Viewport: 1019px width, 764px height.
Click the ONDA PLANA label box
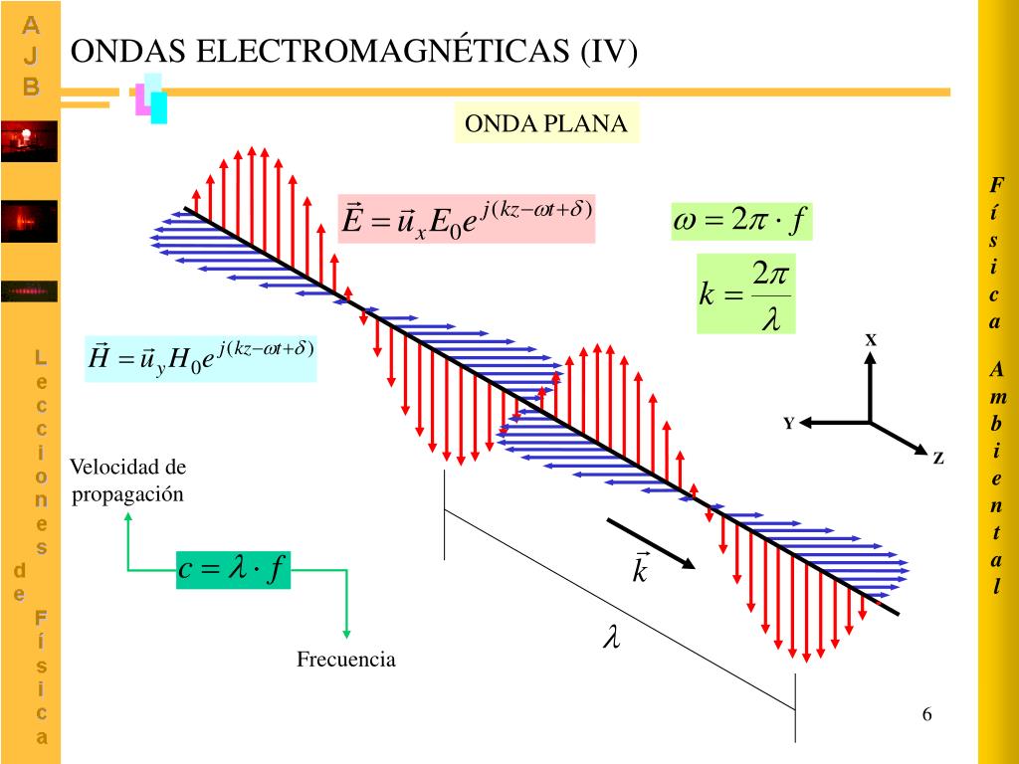pyautogui.click(x=546, y=123)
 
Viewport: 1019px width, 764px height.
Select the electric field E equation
pyautogui.click(x=467, y=219)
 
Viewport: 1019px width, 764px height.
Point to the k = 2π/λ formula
pyautogui.click(x=745, y=294)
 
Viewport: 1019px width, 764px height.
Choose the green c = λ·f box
pyautogui.click(x=234, y=570)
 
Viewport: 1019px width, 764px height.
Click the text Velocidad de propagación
pyautogui.click(x=127, y=480)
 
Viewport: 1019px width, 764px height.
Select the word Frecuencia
pyautogui.click(x=346, y=660)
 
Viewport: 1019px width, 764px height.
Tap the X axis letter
pyautogui.click(x=871, y=340)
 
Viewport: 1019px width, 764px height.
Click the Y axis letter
pyautogui.click(x=788, y=424)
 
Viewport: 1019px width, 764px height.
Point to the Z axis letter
pyautogui.click(x=937, y=459)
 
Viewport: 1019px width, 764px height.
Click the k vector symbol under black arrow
pyautogui.click(x=640, y=569)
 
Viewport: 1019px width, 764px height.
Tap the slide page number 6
pyautogui.click(x=927, y=715)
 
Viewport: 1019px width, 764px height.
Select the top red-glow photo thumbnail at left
pyautogui.click(x=29, y=140)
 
